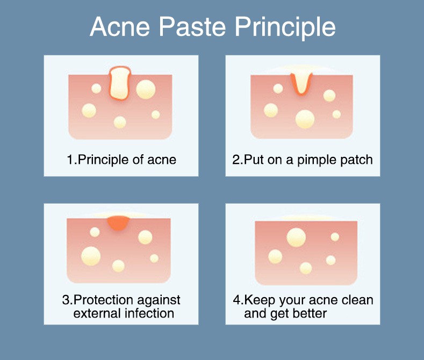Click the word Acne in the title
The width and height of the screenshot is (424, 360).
point(120,26)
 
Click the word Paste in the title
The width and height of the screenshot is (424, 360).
point(192,26)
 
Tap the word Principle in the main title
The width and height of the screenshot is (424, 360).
point(285,28)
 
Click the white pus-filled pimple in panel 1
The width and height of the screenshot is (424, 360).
point(120,83)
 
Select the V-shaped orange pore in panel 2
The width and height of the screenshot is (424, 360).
point(301,83)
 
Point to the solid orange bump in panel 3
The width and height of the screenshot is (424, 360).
point(118,223)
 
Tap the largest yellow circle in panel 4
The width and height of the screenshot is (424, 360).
point(296,237)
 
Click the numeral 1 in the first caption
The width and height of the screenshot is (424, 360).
point(70,160)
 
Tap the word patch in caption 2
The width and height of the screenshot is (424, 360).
point(356,160)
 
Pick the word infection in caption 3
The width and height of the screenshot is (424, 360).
point(149,313)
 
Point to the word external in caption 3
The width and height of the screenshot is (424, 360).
point(97,314)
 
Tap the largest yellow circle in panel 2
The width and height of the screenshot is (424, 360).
point(305,119)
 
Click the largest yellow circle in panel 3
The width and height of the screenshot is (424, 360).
point(91,256)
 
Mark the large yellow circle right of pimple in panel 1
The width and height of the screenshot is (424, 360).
point(146,89)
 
